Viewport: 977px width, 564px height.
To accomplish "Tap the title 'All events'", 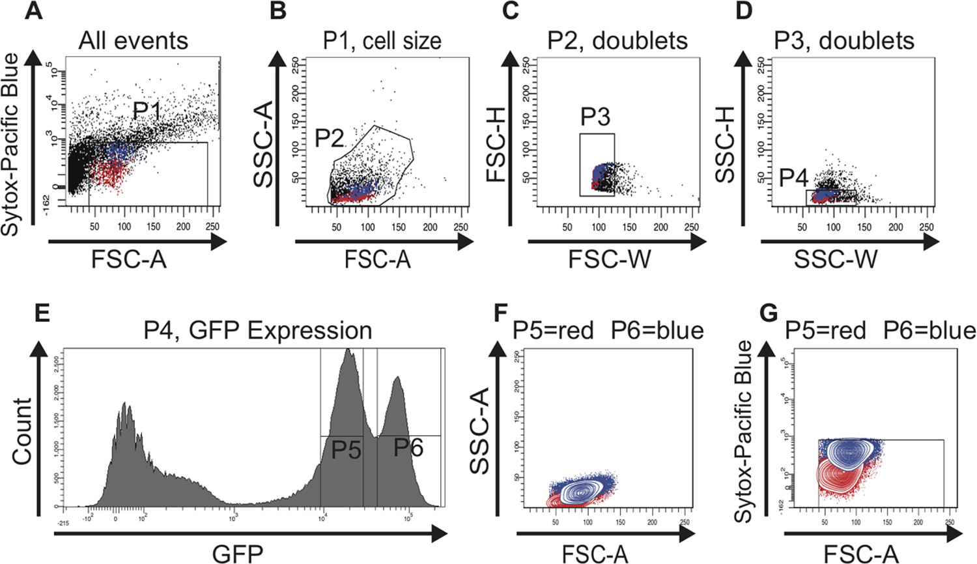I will coord(133,41).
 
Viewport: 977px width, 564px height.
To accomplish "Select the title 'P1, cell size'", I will coord(382,41).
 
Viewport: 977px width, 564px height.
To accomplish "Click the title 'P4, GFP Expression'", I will coord(257,330).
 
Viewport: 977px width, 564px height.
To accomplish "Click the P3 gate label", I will coord(595,117).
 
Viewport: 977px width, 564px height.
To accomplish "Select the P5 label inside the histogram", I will coord(346,449).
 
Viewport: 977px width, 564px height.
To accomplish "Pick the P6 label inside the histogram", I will coord(408,447).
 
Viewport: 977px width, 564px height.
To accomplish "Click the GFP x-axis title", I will coord(238,554).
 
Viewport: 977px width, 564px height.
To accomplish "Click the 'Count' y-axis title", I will coord(21,431).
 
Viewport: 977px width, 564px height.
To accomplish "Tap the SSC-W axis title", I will coord(836,259).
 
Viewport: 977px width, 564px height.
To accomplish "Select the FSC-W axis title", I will coord(609,259).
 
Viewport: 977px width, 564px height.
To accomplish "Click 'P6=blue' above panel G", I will coord(929,331).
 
